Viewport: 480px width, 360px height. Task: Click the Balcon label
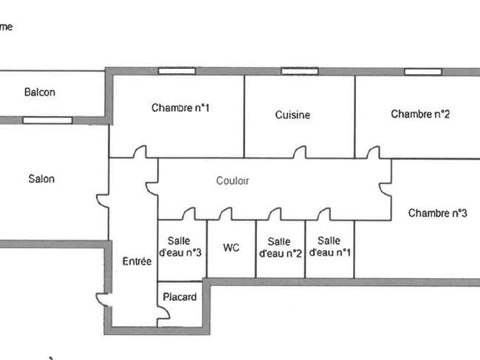click(40, 92)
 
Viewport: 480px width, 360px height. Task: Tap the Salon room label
click(41, 179)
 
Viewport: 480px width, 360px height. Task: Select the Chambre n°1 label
click(180, 107)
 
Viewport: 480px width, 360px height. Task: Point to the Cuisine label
click(292, 115)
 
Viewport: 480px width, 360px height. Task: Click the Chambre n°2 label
click(420, 114)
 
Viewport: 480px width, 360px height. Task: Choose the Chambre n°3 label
click(438, 213)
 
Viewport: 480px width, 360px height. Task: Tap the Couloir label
click(233, 181)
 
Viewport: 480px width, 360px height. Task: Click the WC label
click(231, 247)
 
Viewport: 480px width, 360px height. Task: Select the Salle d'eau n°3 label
click(180, 247)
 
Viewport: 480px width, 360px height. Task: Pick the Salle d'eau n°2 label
click(280, 248)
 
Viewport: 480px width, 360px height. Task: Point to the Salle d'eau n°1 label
click(329, 247)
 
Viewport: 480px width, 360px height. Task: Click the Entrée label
click(137, 261)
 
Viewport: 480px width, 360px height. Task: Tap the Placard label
click(179, 296)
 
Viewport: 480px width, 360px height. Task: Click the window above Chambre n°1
click(177, 72)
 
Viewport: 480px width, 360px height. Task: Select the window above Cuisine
click(300, 72)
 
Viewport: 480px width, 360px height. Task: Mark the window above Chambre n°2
click(423, 72)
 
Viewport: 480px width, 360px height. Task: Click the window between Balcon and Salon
click(47, 120)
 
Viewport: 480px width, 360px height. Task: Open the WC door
click(226, 214)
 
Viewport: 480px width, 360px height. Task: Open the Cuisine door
click(300, 152)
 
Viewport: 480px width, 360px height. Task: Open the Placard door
click(163, 313)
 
